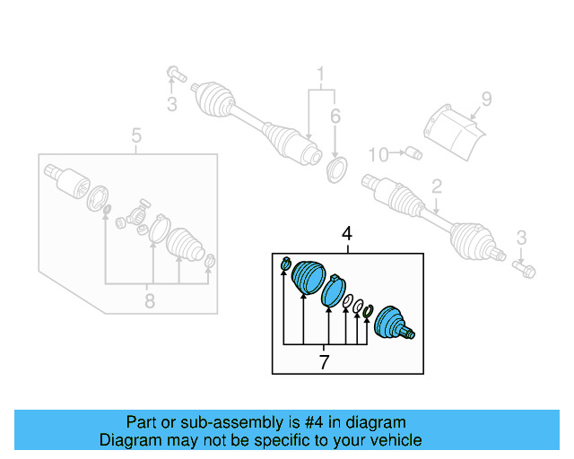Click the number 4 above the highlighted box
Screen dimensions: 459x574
coord(348,235)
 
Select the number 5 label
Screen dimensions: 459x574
coord(136,136)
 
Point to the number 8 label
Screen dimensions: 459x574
coord(149,301)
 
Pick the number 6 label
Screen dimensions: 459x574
coord(335,117)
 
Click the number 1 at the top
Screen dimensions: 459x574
coord(318,73)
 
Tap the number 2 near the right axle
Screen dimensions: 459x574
coord(437,187)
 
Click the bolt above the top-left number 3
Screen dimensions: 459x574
coord(175,73)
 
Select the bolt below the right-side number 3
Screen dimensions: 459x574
coord(526,266)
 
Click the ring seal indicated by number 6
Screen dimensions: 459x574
coord(338,169)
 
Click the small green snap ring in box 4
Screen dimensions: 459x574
coord(367,312)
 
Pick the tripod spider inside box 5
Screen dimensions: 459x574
coord(138,216)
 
